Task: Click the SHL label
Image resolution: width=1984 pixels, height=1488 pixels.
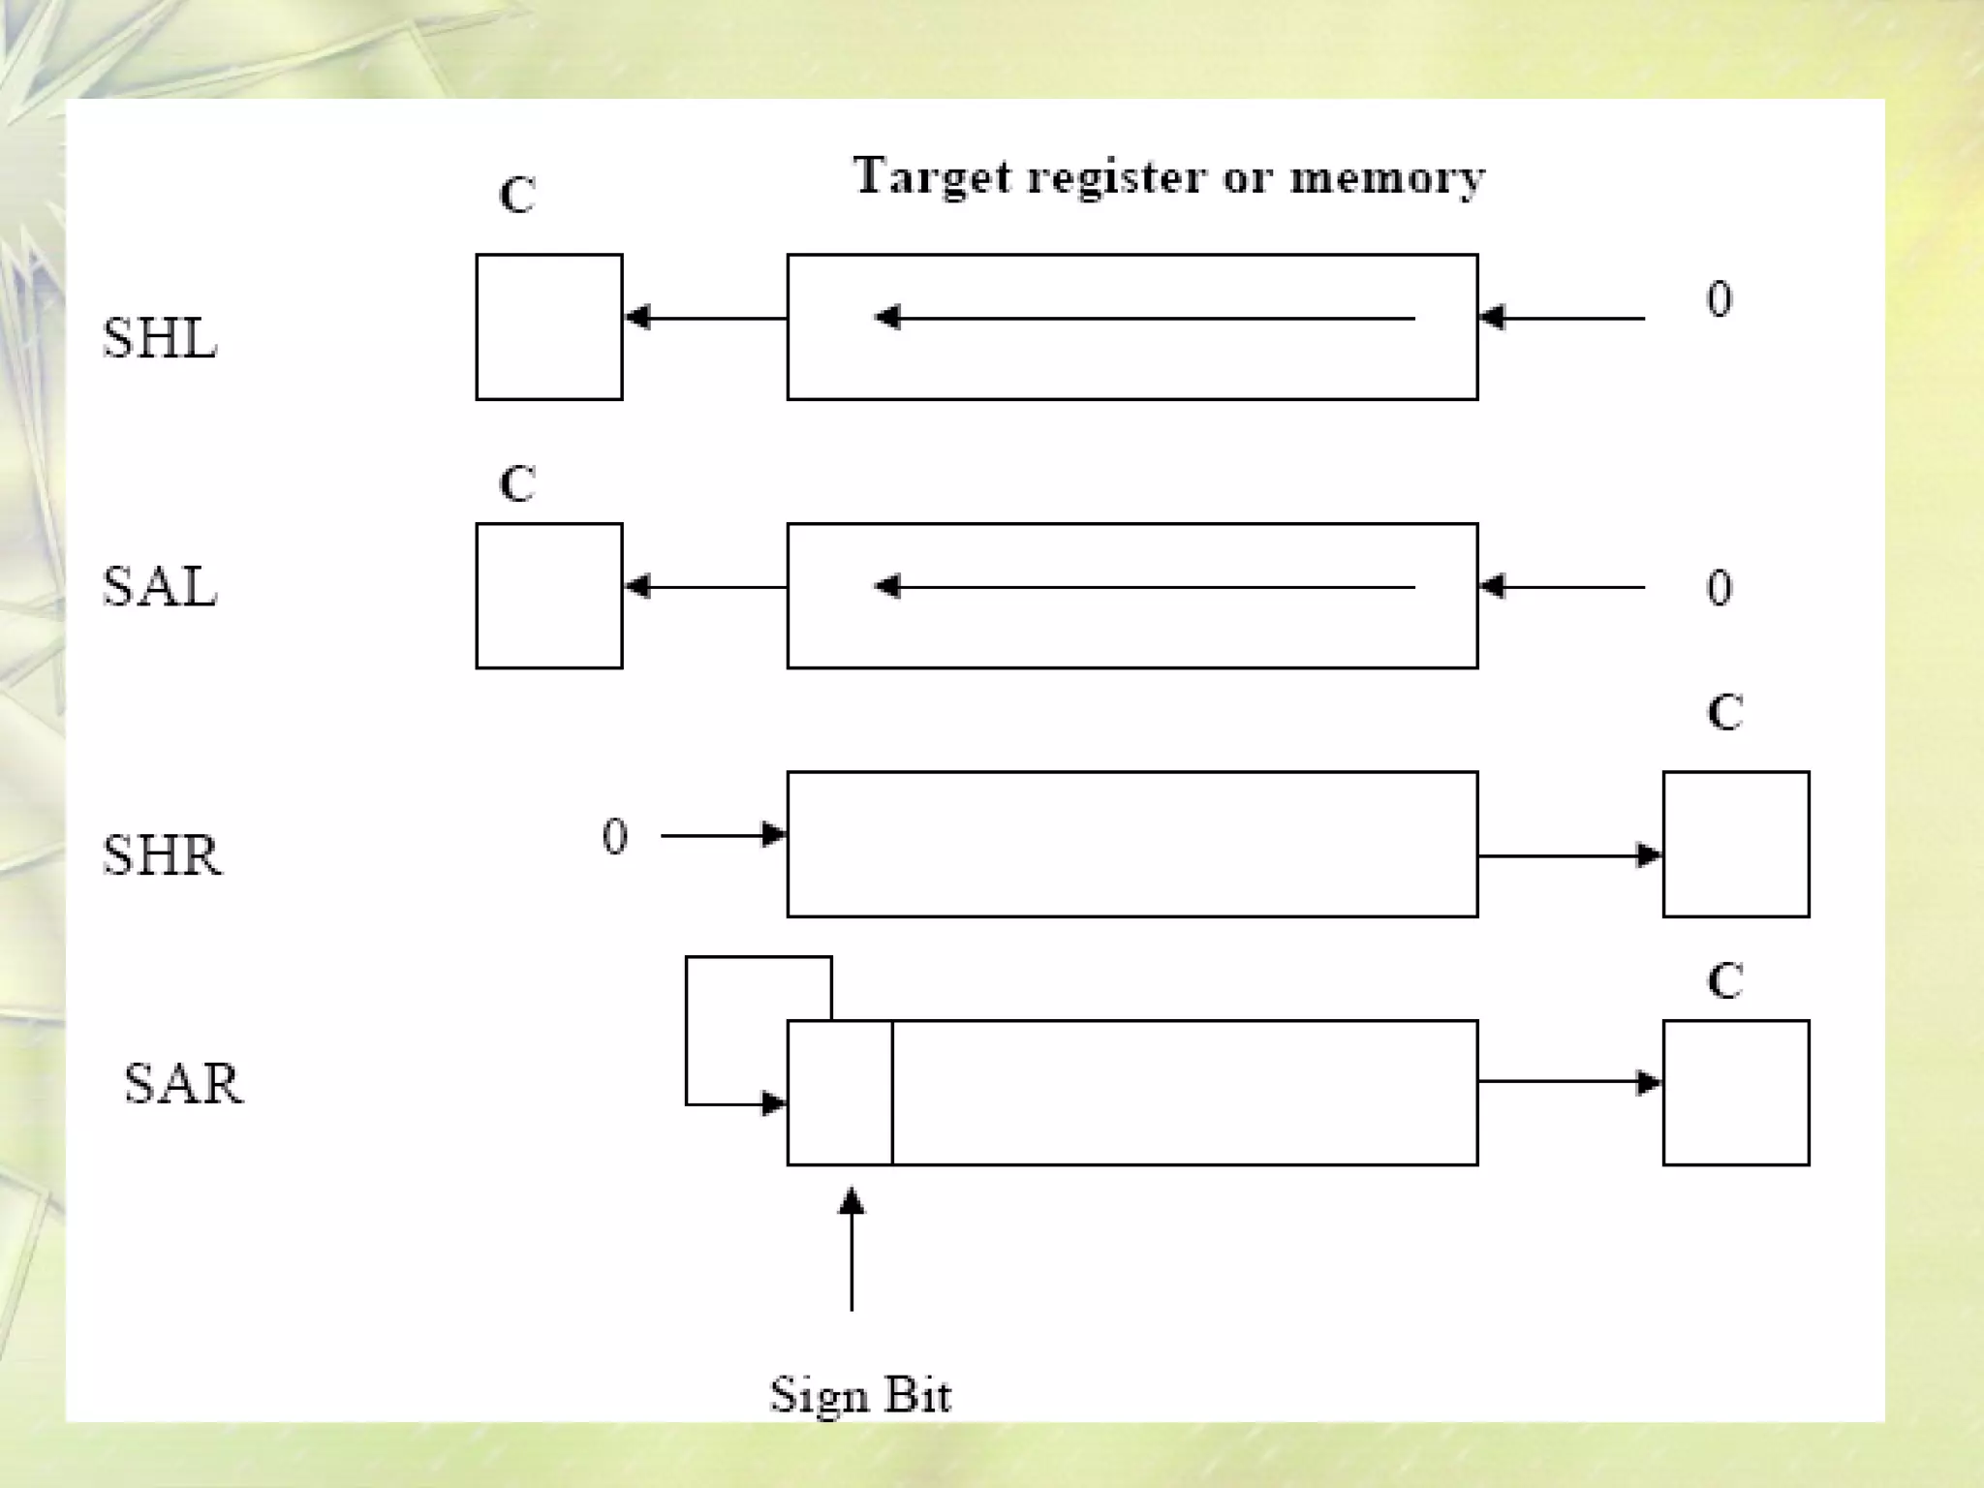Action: [x=160, y=338]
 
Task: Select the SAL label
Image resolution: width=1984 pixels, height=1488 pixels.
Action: [x=160, y=587]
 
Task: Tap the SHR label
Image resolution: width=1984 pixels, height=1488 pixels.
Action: [x=162, y=855]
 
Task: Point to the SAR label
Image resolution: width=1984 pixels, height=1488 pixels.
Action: [x=183, y=1083]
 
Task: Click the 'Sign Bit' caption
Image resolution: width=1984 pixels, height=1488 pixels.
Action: [x=860, y=1396]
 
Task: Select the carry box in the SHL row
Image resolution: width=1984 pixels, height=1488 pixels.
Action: [x=549, y=327]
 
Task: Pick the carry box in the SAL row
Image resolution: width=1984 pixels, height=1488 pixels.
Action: [x=549, y=596]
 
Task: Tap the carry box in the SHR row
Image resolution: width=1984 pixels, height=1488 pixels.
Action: [x=1736, y=844]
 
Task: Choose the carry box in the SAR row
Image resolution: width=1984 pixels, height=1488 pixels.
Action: [x=1736, y=1092]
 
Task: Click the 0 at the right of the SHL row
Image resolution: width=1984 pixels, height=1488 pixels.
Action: [x=1720, y=299]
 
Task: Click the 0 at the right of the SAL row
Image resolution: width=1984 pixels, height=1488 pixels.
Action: [x=1720, y=587]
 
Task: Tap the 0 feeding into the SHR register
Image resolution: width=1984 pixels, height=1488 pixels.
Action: [x=615, y=836]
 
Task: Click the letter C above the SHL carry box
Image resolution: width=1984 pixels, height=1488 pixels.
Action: [x=517, y=196]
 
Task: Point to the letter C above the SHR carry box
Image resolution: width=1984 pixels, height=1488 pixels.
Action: [x=1725, y=713]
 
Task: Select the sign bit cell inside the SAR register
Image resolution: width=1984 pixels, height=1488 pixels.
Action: [x=840, y=1092]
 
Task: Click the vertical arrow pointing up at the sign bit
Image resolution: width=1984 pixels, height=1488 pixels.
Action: [x=852, y=1250]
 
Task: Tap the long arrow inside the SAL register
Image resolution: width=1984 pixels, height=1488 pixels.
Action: [x=1143, y=587]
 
